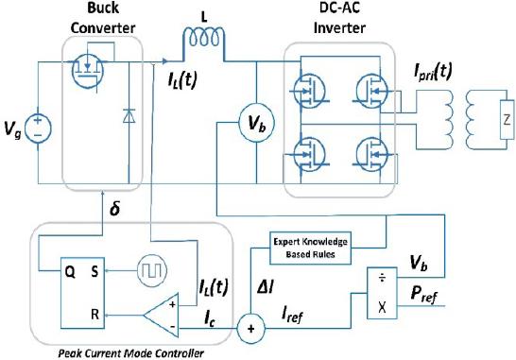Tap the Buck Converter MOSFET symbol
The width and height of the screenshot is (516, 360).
(x=88, y=71)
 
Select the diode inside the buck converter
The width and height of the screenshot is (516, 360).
(x=129, y=116)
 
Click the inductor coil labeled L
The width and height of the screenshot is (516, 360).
(x=204, y=37)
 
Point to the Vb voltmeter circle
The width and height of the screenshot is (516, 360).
(x=256, y=124)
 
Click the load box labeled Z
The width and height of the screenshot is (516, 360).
(x=507, y=119)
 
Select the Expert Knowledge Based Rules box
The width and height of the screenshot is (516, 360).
(x=310, y=249)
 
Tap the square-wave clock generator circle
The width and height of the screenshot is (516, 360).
(x=152, y=270)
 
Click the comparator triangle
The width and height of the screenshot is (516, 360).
(x=162, y=315)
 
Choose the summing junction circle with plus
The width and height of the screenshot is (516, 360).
(x=250, y=329)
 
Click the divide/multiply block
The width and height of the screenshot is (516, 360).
(x=382, y=293)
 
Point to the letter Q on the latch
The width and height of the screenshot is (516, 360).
(x=70, y=272)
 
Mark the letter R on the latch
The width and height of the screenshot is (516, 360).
(x=95, y=315)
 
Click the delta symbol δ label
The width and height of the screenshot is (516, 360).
(x=115, y=208)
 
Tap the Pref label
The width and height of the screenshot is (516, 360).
(x=424, y=294)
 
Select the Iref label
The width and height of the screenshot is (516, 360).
(x=292, y=315)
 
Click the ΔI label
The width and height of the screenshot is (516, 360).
(x=266, y=288)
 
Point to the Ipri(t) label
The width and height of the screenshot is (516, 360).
(x=433, y=73)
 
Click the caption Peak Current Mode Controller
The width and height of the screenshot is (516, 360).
(x=131, y=353)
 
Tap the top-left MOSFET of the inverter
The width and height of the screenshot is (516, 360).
(x=309, y=91)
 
